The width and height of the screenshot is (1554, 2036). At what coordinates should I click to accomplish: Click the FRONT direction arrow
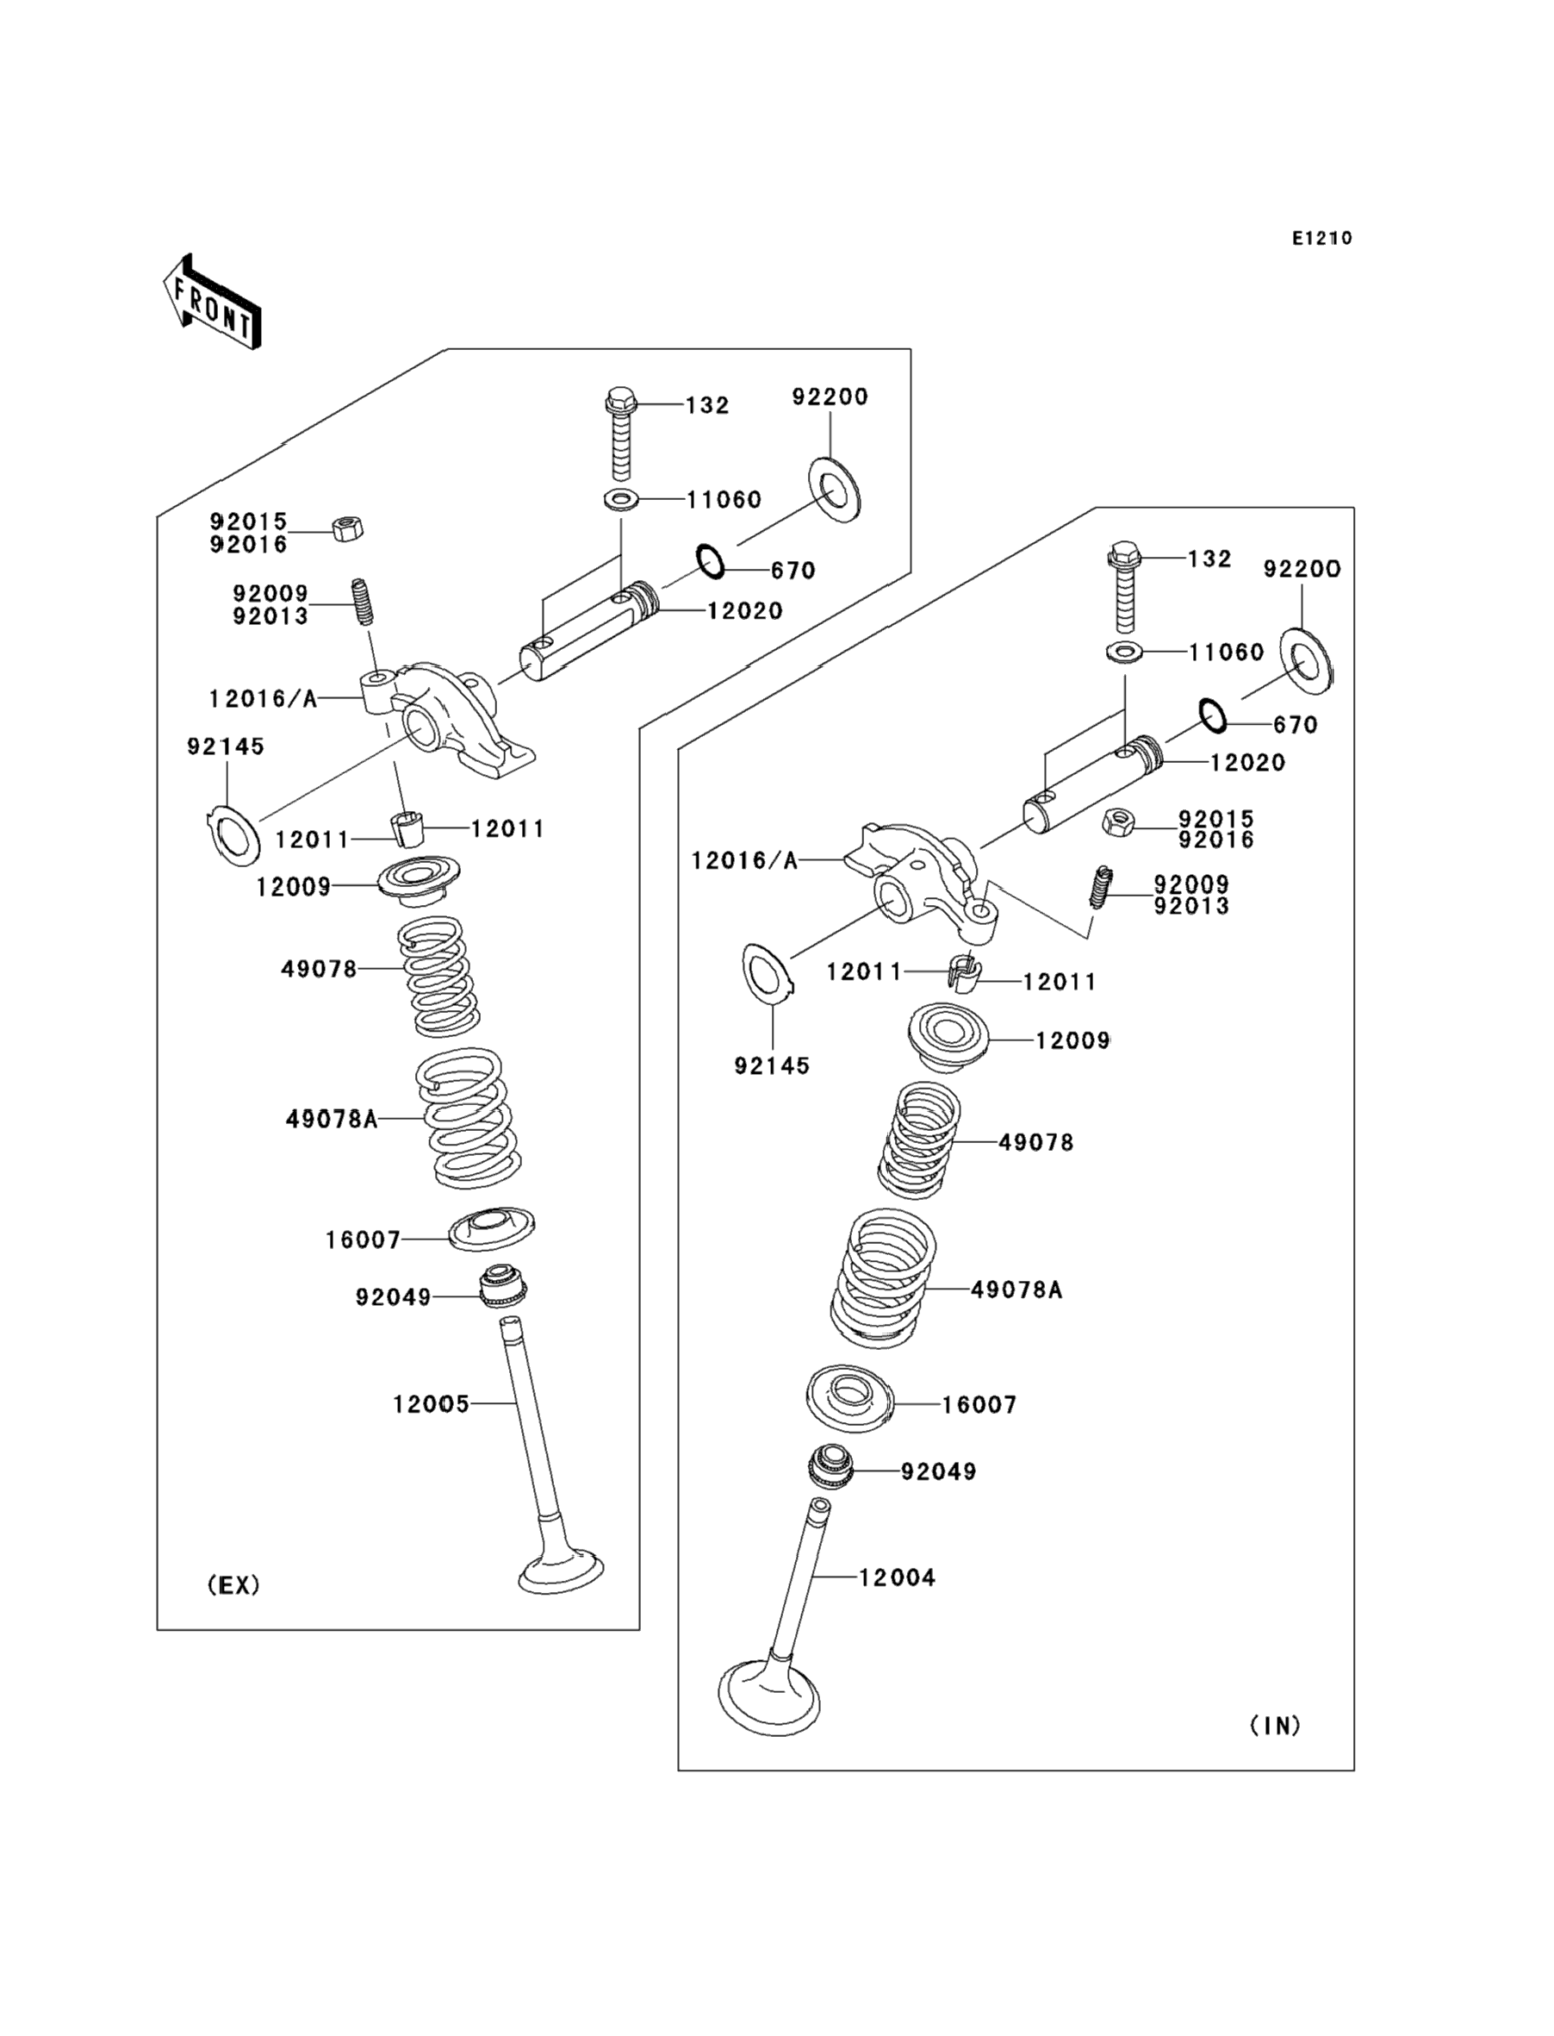click(x=212, y=302)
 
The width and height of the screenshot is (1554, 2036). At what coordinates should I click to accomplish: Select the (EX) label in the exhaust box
click(x=233, y=1585)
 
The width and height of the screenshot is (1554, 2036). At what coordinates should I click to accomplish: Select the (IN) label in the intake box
click(x=1276, y=1725)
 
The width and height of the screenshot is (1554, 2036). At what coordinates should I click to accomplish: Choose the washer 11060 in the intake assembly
click(x=1124, y=652)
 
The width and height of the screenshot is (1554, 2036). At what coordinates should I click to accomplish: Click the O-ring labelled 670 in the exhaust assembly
click(x=711, y=561)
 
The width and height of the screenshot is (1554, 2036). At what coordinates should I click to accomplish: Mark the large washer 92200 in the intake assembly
click(x=1307, y=658)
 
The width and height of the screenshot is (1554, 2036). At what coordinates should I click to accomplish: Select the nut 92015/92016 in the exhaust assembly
click(x=347, y=529)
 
